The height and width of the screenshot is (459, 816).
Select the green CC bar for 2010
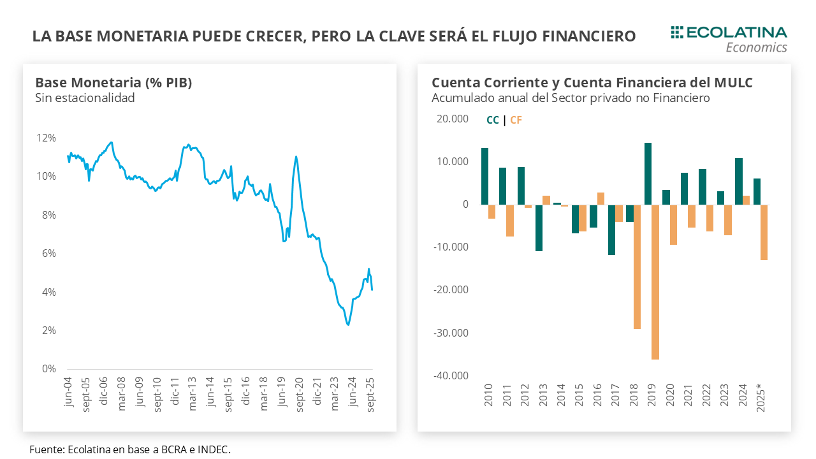[x=485, y=176]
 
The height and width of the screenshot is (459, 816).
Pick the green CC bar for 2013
[x=539, y=228]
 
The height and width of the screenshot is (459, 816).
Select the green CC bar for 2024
[x=739, y=181]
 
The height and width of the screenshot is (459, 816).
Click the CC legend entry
[x=493, y=120]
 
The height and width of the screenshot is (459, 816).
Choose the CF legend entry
[x=516, y=120]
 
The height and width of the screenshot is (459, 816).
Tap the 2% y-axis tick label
[x=49, y=330]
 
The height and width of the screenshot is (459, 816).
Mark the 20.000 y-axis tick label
[x=453, y=119]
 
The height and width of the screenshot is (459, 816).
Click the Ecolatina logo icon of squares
[x=677, y=32]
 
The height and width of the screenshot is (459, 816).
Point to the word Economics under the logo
[x=756, y=47]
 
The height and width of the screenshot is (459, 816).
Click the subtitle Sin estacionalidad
[x=85, y=98]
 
